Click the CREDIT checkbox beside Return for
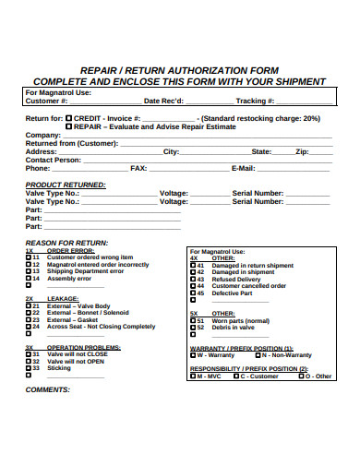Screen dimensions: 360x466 coord(70,118)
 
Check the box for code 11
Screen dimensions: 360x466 coord(29,257)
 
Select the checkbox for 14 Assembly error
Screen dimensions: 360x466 coord(29,278)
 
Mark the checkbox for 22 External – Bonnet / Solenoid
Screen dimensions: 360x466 coord(29,313)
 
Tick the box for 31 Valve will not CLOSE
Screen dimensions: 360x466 coord(29,353)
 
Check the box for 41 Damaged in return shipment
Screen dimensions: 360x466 coord(193,265)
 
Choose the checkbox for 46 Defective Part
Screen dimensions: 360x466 coord(193,293)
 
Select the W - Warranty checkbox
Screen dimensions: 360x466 coord(193,354)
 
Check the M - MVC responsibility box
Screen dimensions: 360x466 coord(193,376)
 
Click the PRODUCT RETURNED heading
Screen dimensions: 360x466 coord(66,185)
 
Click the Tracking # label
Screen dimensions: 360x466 coord(255,101)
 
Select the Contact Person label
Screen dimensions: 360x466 coord(54,160)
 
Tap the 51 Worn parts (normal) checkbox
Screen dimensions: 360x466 coord(193,320)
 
